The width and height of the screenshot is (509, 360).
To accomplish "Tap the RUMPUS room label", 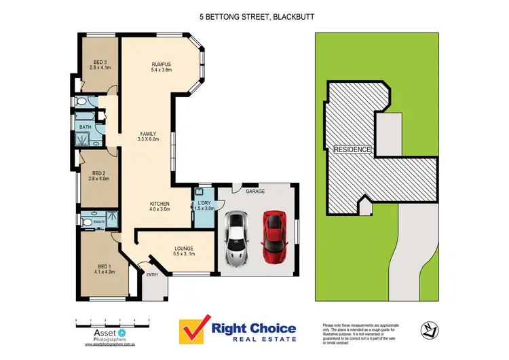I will (162, 66).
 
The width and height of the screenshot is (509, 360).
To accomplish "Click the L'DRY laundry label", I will (204, 205).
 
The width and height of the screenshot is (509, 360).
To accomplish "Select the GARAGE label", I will (255, 192).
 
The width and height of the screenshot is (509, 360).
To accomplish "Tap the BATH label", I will (85, 127).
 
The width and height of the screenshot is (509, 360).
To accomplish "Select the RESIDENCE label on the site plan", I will (353, 149).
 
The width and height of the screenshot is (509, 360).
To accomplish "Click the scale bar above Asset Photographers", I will (112, 320).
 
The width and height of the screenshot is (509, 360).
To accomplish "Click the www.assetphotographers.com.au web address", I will (112, 345).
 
